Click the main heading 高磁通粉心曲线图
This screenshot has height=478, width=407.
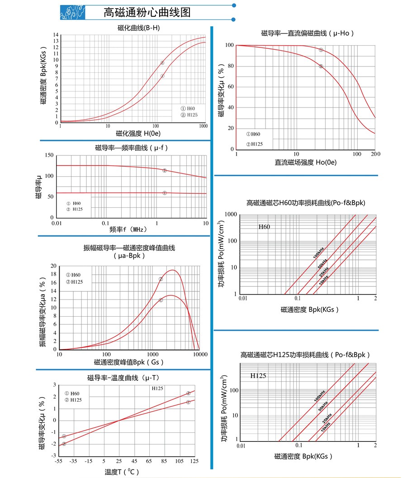pyautogui.click(x=147, y=12)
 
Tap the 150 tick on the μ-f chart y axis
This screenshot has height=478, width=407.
pyautogui.click(x=50, y=155)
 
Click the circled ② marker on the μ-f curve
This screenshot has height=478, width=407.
pyautogui.click(x=165, y=170)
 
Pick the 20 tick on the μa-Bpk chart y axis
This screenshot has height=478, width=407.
pyautogui.click(x=54, y=266)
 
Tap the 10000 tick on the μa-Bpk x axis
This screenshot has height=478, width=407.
pyautogui.click(x=200, y=354)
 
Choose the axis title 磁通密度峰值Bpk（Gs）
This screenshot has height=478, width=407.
pyautogui.click(x=129, y=362)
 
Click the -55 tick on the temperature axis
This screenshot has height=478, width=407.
pyautogui.click(x=58, y=461)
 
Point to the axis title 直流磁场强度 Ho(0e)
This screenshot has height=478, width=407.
pyautogui.click(x=306, y=162)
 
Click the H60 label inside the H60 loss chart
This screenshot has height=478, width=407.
pyautogui.click(x=264, y=227)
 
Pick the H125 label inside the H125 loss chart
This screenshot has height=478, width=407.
pyautogui.click(x=258, y=376)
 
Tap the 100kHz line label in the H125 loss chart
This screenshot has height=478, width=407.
pyautogui.click(x=319, y=398)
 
